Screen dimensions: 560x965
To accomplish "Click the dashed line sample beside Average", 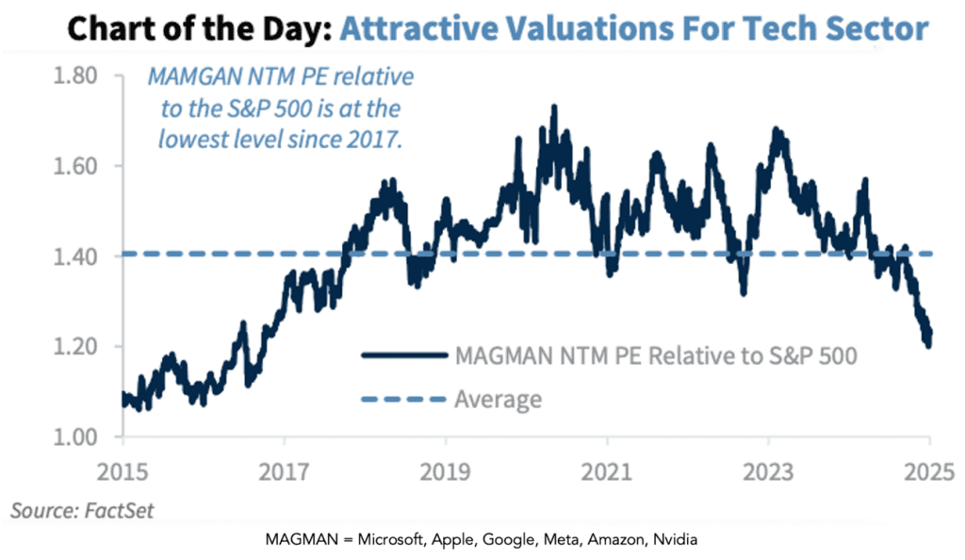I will pyautogui.click(x=402, y=400).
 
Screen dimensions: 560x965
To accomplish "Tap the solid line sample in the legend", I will pyautogui.click(x=402, y=356).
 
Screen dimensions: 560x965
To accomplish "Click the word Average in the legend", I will pyautogui.click(x=499, y=400).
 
